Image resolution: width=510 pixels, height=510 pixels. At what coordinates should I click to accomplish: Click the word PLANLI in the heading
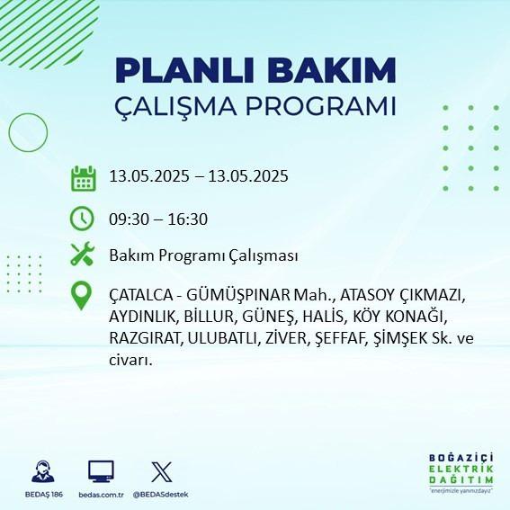pyautogui.click(x=184, y=70)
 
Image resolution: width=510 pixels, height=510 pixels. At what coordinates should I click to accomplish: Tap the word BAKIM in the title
pyautogui.click(x=331, y=70)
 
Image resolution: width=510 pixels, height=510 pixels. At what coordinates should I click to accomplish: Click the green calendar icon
pyautogui.click(x=84, y=178)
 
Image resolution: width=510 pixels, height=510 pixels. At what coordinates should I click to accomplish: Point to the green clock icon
pyautogui.click(x=82, y=219)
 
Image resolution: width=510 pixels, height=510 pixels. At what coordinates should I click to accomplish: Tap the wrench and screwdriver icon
pyautogui.click(x=82, y=254)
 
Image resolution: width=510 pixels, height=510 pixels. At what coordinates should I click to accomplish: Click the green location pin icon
pyautogui.click(x=81, y=295)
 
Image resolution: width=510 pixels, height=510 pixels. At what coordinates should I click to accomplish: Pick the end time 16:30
pyautogui.click(x=188, y=219)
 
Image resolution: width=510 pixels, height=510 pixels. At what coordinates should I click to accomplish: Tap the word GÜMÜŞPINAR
pyautogui.click(x=238, y=295)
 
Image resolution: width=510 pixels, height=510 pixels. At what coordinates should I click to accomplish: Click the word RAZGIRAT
pyautogui.click(x=145, y=338)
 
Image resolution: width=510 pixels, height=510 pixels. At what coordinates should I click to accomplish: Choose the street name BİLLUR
pyautogui.click(x=209, y=317)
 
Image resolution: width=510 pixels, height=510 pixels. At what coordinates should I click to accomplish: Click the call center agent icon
pyautogui.click(x=43, y=471)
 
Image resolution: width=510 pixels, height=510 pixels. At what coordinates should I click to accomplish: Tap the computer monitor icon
pyautogui.click(x=101, y=471)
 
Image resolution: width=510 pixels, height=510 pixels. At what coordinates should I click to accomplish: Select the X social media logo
pyautogui.click(x=162, y=472)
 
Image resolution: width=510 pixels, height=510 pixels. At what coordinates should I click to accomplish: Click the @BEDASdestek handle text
pyautogui.click(x=161, y=495)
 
